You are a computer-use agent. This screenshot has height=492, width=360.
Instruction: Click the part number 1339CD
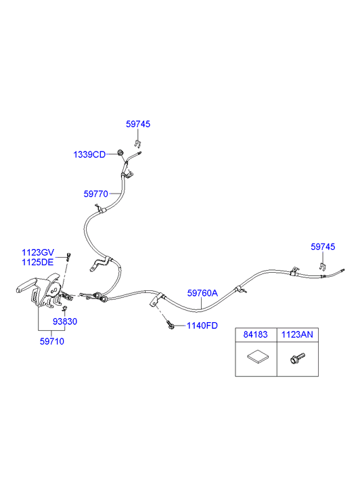(x=89, y=155)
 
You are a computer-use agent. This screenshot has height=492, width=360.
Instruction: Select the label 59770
(x=95, y=194)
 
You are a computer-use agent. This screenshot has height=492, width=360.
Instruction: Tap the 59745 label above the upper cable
(x=138, y=124)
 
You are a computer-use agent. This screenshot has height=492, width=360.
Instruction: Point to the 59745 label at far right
(x=323, y=246)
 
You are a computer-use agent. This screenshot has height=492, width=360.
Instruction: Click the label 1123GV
(x=38, y=252)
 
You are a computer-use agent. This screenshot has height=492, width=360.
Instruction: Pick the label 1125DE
(x=38, y=263)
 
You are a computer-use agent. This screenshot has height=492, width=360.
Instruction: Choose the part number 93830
(x=65, y=321)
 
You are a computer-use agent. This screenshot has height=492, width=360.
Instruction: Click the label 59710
(x=52, y=341)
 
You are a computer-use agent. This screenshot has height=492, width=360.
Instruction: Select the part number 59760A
(x=202, y=293)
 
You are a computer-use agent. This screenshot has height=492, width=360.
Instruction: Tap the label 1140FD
(x=202, y=326)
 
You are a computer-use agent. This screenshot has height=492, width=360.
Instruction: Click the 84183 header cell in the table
(x=256, y=334)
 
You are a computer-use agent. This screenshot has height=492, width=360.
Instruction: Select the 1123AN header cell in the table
(x=297, y=334)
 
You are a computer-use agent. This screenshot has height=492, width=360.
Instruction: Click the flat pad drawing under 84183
(x=258, y=357)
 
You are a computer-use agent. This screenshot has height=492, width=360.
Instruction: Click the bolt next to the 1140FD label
(x=171, y=325)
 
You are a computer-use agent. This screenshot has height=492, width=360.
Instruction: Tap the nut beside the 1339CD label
(x=120, y=153)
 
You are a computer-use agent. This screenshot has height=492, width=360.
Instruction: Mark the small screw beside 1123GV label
(x=68, y=256)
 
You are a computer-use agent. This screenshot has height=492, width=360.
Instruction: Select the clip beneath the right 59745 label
(x=321, y=267)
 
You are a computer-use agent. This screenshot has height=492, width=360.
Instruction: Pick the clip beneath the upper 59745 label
(x=137, y=143)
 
